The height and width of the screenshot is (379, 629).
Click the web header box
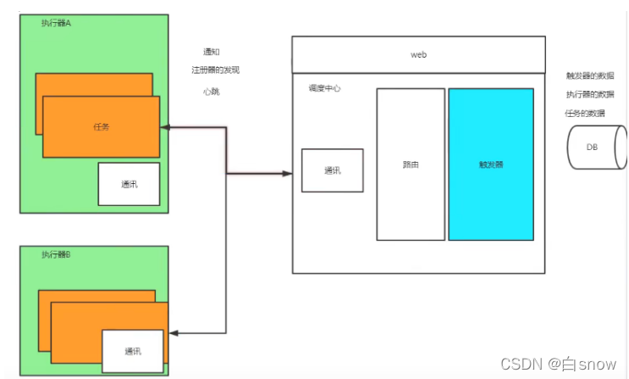(x=418, y=54)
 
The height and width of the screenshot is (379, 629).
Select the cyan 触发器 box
(x=491, y=164)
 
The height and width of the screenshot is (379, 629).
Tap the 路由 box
(x=411, y=164)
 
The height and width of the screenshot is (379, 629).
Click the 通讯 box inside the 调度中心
(x=332, y=170)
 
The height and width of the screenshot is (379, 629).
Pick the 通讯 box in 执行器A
(x=129, y=184)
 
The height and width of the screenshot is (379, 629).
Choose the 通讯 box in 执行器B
(x=133, y=351)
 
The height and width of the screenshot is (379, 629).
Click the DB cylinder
(x=596, y=147)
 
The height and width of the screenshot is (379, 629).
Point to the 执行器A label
(x=56, y=23)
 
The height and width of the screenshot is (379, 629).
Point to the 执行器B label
(x=56, y=254)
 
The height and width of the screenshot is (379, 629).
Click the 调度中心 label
(x=325, y=88)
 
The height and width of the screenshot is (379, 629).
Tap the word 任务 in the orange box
(x=101, y=126)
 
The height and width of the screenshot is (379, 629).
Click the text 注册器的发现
(x=221, y=70)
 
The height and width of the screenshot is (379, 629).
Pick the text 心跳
(x=212, y=91)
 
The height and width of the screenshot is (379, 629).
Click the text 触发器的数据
(x=592, y=75)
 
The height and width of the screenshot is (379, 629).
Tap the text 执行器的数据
(x=592, y=94)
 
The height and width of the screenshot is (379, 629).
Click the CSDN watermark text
(x=559, y=364)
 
